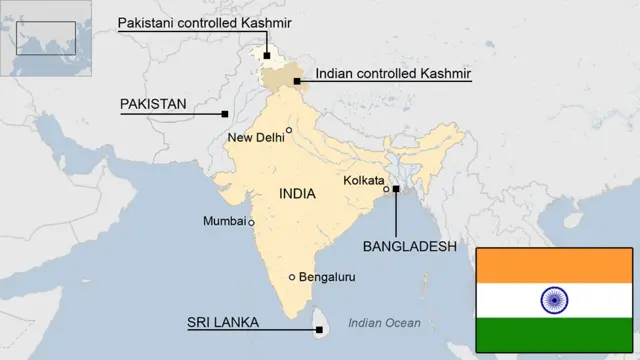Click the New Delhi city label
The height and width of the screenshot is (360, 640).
pyautogui.click(x=256, y=138)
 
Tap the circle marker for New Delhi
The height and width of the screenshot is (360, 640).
pyautogui.click(x=289, y=130)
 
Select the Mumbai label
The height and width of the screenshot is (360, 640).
pyautogui.click(x=224, y=221)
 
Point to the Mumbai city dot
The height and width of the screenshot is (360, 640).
pyautogui.click(x=251, y=222)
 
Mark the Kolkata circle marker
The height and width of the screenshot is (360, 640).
pyautogui.click(x=387, y=188)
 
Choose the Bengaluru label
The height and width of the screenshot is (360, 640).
pyautogui.click(x=327, y=277)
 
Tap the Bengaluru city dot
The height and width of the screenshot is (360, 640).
pyautogui.click(x=292, y=277)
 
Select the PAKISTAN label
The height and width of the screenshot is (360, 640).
pyautogui.click(x=154, y=104)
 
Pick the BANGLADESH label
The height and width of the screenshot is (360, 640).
pyautogui.click(x=409, y=246)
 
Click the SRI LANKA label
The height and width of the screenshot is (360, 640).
pyautogui.click(x=223, y=322)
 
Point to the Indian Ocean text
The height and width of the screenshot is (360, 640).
pyautogui.click(x=385, y=323)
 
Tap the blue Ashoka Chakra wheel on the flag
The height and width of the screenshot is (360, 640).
pyautogui.click(x=553, y=299)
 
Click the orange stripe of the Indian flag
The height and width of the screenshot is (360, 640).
pyautogui.click(x=553, y=265)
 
